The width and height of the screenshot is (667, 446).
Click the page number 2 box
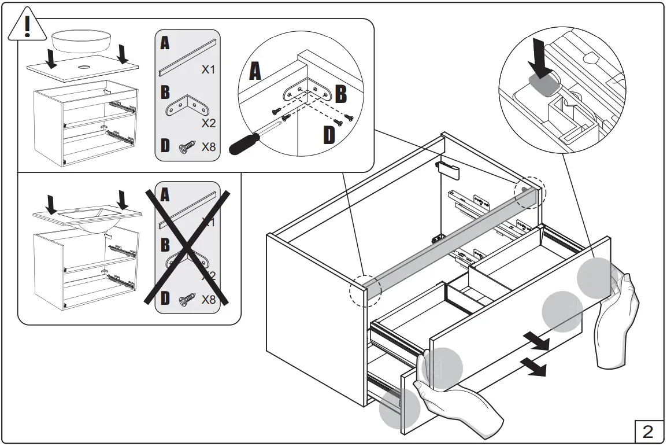(648, 431)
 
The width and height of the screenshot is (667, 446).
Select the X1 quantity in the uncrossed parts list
(208, 69)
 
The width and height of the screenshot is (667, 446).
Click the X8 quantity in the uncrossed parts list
(208, 147)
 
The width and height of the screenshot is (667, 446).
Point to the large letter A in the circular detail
(255, 72)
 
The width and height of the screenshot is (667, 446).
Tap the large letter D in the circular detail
(328, 136)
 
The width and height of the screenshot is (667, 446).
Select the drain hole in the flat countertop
(84, 67)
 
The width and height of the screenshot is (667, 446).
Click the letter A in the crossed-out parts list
(165, 196)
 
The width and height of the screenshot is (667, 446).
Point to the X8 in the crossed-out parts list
(208, 300)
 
